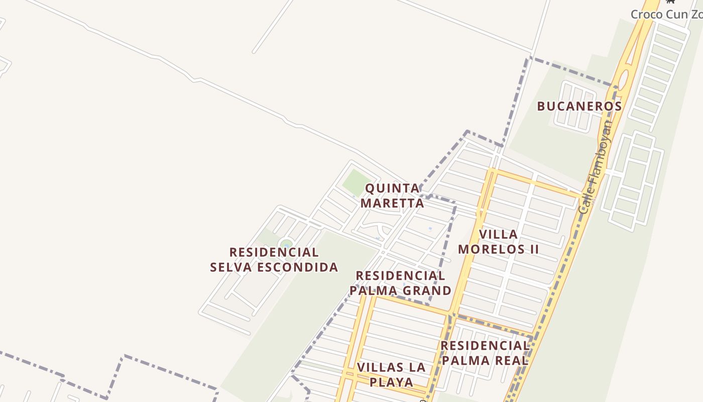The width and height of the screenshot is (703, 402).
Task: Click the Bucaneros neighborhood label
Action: tap(579, 107)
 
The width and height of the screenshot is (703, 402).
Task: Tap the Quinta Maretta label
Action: tap(392, 195)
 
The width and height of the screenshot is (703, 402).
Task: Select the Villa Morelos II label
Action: tap(498, 242)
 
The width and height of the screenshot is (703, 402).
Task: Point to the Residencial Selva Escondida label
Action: tap(274, 259)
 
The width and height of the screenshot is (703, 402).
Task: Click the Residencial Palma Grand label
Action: tap(400, 283)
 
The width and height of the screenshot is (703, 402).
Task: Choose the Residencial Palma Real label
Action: tap(485, 353)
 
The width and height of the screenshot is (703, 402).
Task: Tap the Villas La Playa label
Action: tap(391, 374)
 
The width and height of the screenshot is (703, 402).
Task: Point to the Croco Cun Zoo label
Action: tap(666, 14)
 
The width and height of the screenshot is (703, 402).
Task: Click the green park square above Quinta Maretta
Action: tap(357, 182)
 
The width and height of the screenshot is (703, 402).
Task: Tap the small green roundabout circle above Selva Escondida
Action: tap(286, 244)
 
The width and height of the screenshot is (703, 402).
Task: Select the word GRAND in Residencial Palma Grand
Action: tap(428, 290)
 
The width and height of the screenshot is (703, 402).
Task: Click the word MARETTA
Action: tap(392, 203)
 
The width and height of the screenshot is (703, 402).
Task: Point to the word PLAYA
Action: tap(391, 382)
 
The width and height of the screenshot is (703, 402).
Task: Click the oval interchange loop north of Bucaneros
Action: tap(623, 80)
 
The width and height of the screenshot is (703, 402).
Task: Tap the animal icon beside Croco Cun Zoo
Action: tap(670, 2)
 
